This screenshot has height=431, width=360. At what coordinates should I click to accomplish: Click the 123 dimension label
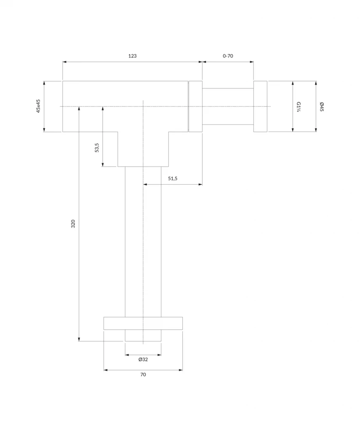point(132,56)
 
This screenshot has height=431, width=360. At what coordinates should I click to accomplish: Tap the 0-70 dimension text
point(228,56)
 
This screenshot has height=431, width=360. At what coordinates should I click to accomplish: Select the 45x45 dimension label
point(38,106)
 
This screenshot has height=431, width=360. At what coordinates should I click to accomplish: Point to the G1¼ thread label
point(299,107)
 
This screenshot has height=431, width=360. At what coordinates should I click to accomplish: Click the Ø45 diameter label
point(322,106)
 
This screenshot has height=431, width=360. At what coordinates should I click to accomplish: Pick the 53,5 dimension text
point(97,148)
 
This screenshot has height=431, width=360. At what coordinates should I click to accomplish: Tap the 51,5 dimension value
point(173,178)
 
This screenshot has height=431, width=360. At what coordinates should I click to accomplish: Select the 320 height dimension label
point(73,223)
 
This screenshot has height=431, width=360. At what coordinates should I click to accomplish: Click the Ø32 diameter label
point(143,359)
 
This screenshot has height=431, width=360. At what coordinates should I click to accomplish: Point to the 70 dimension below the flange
point(143,374)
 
